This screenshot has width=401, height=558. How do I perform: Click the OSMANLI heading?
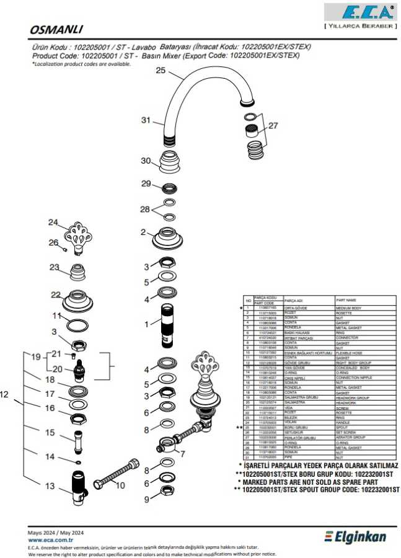point(56,29)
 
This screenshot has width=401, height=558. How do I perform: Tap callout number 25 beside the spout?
point(161,71)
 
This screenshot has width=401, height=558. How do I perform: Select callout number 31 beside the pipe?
point(146,120)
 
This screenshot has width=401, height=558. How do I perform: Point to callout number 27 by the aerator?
point(273,125)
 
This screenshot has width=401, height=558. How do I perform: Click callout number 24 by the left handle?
point(53,223)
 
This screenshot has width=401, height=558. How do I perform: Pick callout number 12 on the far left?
point(5,393)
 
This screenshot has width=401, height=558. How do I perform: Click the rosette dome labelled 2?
point(167,238)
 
